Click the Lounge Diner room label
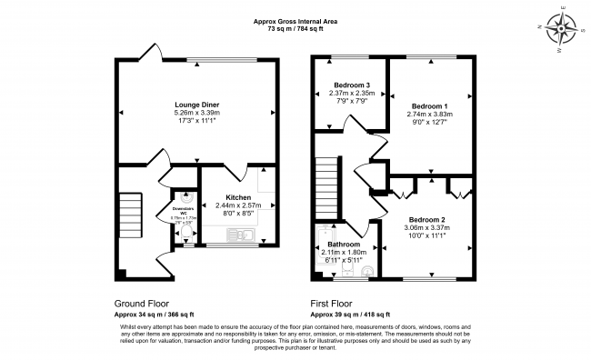pos(197,105)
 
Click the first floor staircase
pos(326,187)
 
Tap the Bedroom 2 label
pos(426,219)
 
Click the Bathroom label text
pos(344,245)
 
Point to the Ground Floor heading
pos(141,304)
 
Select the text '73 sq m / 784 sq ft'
pos(296,29)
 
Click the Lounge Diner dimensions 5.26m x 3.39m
pos(197,113)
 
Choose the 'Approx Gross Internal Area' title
pos(296,21)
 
